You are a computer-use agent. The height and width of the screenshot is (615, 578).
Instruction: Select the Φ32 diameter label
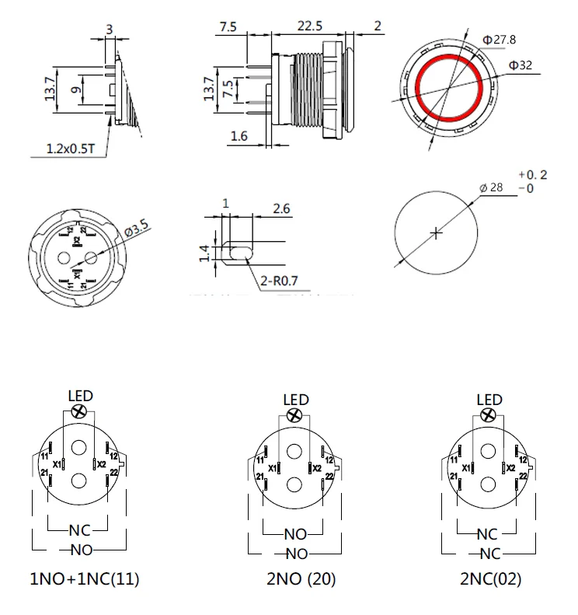tap(520, 65)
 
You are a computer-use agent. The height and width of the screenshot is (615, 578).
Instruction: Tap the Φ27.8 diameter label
tap(499, 40)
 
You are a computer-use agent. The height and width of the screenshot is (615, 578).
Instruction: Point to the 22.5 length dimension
tap(309, 26)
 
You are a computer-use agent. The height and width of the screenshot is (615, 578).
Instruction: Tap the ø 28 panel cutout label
tap(493, 187)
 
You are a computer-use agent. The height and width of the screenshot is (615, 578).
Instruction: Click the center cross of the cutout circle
tap(437, 232)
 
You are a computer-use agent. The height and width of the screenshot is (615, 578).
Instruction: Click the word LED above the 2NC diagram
tap(489, 400)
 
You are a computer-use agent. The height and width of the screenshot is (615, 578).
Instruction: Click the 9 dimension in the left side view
tap(75, 90)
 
